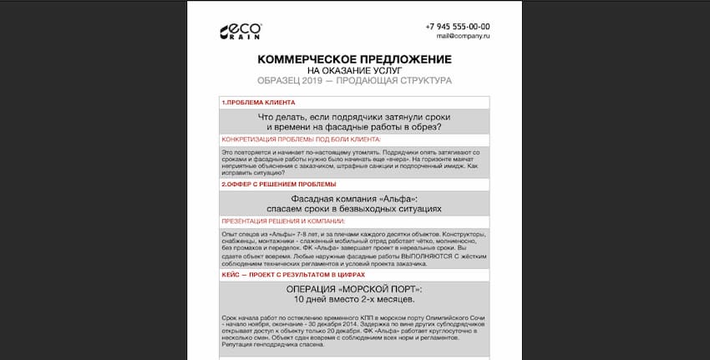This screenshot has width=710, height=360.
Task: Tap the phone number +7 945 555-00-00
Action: (457, 27)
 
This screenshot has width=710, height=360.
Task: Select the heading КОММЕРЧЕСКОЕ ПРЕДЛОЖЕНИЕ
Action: (354, 59)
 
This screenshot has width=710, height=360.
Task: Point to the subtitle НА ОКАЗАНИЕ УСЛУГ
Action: (354, 70)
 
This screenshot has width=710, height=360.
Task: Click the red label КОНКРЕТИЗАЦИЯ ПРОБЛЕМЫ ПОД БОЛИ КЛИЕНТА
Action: (301, 139)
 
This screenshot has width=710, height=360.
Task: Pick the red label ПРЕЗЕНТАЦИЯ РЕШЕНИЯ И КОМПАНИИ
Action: (282, 221)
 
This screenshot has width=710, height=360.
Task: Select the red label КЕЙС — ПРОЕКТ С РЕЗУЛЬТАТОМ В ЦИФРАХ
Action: (293, 274)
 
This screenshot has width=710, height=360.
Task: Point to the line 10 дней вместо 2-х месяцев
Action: (354, 299)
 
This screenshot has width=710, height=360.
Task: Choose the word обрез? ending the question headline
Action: (424, 127)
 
